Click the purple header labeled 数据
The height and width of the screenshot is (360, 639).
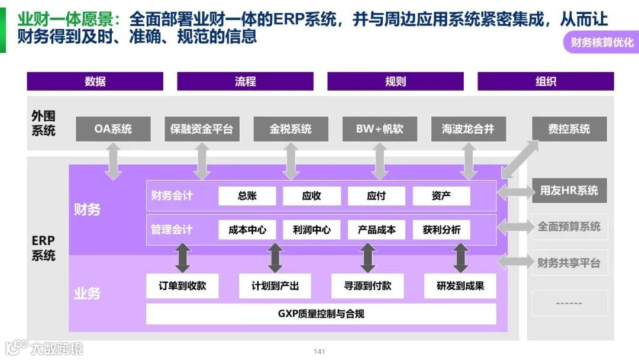pos(95,81)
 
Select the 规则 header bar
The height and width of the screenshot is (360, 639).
pos(395,81)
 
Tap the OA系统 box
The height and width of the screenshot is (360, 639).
pos(113,128)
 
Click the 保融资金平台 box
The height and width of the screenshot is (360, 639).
pos(202,128)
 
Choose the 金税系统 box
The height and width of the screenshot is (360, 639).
pos(291,128)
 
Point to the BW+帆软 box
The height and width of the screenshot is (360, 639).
pos(379,128)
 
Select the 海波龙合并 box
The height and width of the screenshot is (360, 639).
pos(468,128)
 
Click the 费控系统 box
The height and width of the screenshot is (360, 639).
pos(569,128)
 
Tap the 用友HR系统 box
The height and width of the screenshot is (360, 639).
pos(569,191)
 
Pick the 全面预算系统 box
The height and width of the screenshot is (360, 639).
pos(569,226)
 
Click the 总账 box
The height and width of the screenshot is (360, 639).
pos(247,196)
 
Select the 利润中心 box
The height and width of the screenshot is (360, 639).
pos(311,230)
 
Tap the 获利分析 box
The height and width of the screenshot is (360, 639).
pos(441,230)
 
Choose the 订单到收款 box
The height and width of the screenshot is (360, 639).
pos(182,286)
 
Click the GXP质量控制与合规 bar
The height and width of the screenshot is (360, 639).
pos(321,314)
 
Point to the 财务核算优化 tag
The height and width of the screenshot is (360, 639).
pos(601,43)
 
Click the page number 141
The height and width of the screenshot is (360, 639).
pos(319,352)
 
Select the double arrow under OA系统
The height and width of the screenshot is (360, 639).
pos(113,161)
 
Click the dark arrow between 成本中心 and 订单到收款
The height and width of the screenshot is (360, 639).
pos(182,258)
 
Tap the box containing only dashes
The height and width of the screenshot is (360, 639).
pos(569,303)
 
